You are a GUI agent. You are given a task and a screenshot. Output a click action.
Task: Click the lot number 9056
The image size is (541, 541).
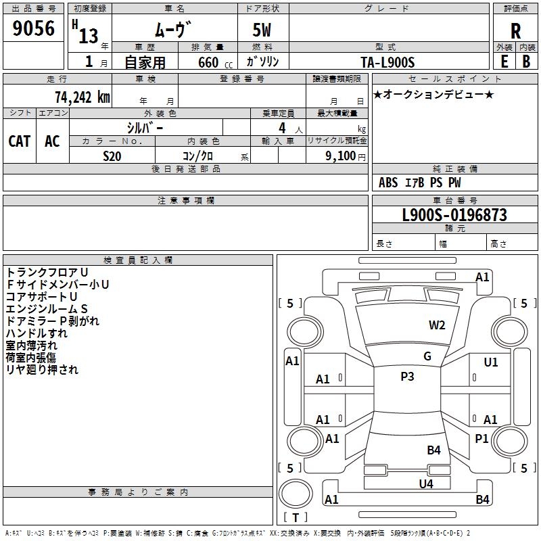[33, 28]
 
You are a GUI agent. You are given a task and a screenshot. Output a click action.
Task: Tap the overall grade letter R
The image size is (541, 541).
[515, 31]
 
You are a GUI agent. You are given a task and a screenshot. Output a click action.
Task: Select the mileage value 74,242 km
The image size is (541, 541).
[83, 97]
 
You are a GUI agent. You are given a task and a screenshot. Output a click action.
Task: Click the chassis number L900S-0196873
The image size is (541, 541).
[454, 215]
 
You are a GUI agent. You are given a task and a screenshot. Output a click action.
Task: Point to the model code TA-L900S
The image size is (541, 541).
[387, 62]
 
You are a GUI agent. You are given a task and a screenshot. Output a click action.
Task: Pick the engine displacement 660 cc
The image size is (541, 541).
[215, 62]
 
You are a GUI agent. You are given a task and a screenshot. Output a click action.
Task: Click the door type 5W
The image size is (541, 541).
[262, 30]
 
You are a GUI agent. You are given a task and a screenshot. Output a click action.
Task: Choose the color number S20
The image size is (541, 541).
[112, 156]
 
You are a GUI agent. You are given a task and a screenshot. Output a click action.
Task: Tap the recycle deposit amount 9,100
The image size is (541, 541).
[341, 156]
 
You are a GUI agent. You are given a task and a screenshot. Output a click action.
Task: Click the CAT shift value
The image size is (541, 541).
[20, 141]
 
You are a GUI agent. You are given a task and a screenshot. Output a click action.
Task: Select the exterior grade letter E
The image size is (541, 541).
[504, 62]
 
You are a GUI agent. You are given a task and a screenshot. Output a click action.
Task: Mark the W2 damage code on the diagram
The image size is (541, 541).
[437, 325]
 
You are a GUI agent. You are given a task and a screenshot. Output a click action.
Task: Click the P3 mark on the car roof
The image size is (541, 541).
[407, 376]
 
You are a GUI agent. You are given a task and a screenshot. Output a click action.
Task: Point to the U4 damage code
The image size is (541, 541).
[426, 484]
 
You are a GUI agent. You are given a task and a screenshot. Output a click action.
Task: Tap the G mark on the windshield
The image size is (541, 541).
[427, 356]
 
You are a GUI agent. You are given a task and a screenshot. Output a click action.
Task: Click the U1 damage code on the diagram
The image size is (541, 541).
[491, 362]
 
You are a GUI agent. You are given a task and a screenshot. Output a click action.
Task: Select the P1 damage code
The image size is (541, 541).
[481, 438]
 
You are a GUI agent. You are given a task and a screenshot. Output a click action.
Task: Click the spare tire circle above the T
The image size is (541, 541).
[296, 494]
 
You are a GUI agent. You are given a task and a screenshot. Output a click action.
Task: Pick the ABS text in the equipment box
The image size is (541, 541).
[388, 183]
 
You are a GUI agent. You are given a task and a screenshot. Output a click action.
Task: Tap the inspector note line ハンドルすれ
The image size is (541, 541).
[37, 333]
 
